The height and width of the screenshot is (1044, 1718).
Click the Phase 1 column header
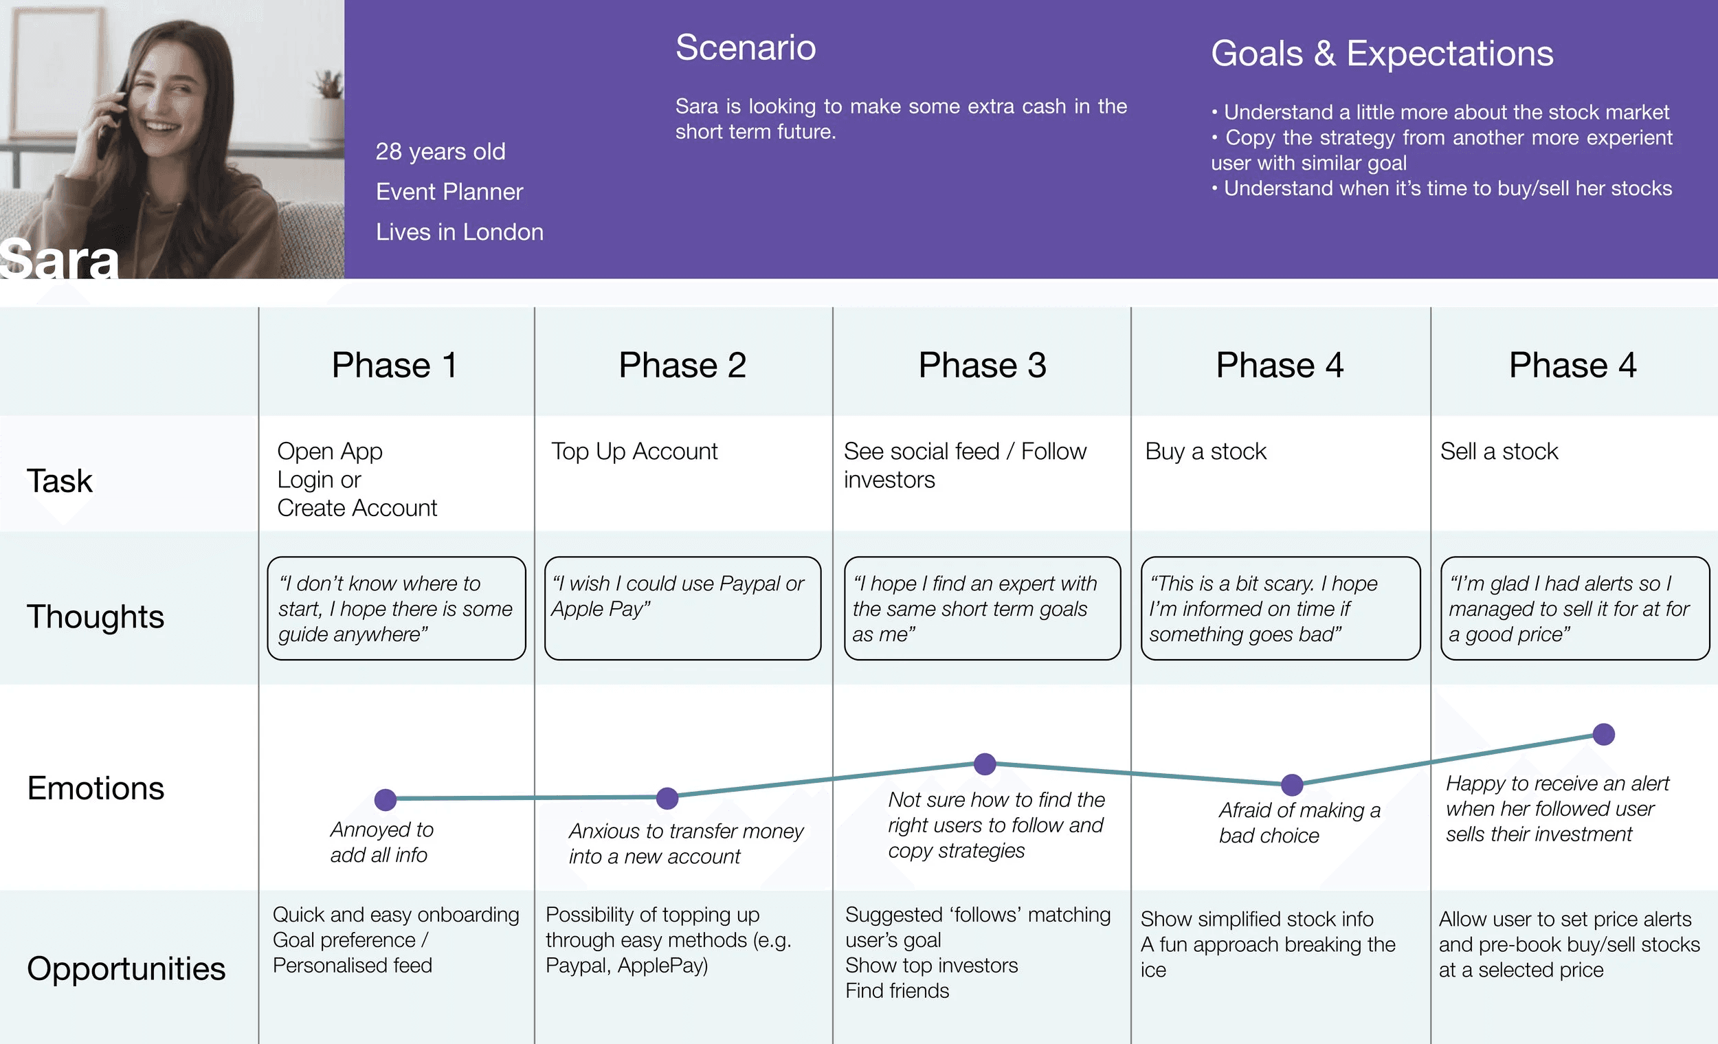coord(394,366)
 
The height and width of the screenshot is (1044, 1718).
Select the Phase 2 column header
coord(682,366)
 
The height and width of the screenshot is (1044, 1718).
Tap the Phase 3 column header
coord(982,366)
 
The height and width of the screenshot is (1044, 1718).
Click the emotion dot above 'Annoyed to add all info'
coord(386,799)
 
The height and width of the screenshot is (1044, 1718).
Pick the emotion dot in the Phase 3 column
coord(985,764)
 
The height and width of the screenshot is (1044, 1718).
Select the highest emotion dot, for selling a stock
coord(1604,733)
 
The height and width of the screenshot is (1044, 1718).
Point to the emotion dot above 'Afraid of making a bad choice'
coord(1292,785)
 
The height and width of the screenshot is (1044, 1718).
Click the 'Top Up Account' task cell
coord(634,452)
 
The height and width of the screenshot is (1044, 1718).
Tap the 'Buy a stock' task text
coord(1205,452)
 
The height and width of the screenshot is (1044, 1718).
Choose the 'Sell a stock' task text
coord(1498,452)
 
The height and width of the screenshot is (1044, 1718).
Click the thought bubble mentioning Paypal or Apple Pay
coord(682,608)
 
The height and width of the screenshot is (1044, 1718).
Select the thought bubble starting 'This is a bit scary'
coord(1280,608)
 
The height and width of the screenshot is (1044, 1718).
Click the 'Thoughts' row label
coord(96,617)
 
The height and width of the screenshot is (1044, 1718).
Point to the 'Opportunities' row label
coord(126,968)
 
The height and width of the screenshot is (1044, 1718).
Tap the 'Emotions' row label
coord(96,788)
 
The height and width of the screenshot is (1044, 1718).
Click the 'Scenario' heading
coord(746,47)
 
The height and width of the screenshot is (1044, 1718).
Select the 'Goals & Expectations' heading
coord(1382,53)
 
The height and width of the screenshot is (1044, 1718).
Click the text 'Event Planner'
coord(449,192)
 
